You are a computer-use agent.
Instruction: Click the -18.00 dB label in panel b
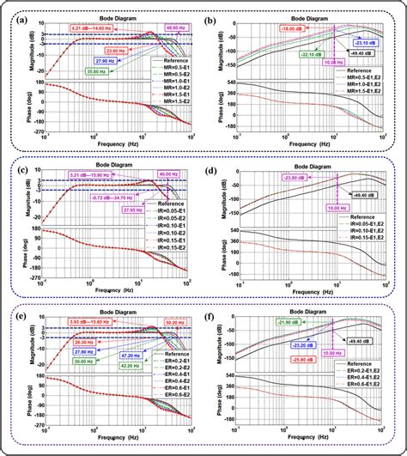click(x=293, y=28)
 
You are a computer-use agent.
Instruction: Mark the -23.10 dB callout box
click(x=362, y=43)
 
